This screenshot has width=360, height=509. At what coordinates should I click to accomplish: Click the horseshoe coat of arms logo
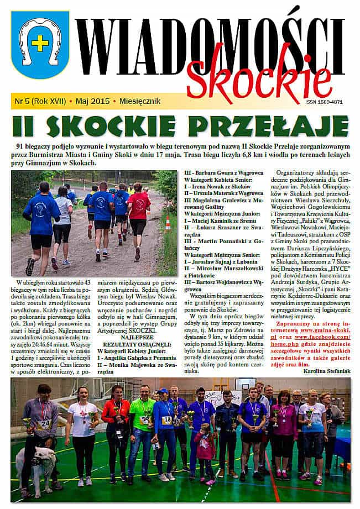[39, 45]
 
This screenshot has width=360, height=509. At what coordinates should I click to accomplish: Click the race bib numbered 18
[166, 419]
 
